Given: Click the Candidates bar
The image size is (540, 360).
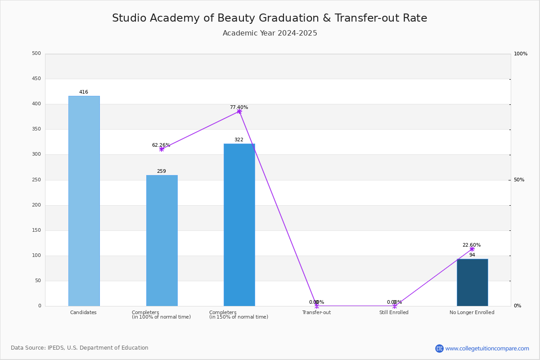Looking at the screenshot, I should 84,201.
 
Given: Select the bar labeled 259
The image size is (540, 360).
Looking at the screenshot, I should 162,240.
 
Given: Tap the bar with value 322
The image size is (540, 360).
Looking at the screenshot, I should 239,225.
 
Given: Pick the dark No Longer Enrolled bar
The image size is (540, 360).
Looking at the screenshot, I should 472,282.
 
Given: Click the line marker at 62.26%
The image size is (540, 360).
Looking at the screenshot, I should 162,149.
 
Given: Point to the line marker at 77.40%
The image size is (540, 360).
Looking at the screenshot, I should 239,111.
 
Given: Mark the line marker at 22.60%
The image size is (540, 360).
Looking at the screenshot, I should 472,249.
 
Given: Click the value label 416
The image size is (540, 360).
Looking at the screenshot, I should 84,92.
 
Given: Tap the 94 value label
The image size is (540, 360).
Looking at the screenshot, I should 472,255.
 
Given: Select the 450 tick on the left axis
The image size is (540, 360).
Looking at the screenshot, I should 36,79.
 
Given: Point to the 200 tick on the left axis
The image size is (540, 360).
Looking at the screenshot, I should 36,205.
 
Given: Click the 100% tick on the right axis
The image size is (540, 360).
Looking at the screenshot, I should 521,54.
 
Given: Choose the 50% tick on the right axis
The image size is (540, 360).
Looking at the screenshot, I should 519,180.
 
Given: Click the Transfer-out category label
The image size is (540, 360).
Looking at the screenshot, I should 316,313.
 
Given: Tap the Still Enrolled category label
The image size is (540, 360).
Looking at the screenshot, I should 394,313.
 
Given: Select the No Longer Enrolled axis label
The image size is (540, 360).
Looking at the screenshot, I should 472,313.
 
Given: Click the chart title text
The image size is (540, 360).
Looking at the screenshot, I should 270,18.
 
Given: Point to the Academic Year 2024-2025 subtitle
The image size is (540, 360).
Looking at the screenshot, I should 270,33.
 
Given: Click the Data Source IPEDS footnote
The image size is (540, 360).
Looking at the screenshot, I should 80,348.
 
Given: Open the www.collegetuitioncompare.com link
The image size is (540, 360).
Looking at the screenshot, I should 487,348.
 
